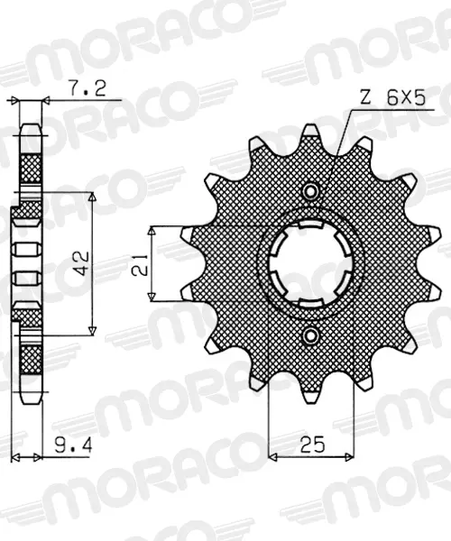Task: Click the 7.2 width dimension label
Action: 87,89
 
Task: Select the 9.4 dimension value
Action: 73,446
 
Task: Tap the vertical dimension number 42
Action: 82,263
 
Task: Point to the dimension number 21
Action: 140,265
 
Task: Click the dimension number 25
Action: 312,445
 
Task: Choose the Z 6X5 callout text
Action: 393,98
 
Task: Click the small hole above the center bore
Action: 311,191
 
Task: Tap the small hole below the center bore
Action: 311,335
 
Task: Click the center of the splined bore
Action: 311,263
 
